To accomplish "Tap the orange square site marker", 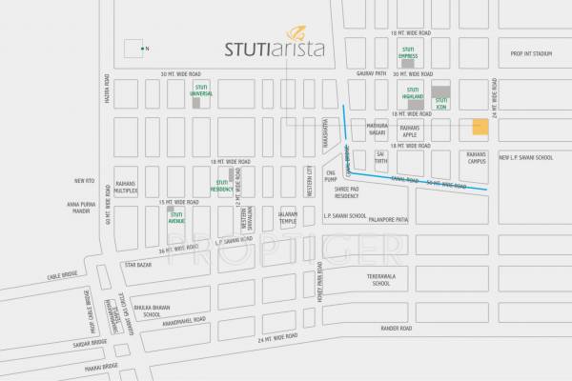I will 480,128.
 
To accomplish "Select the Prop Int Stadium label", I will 531,54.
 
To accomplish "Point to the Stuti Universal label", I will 201,92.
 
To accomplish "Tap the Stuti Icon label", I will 440,110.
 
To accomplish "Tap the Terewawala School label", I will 380,279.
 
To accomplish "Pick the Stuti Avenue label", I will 176,219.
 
